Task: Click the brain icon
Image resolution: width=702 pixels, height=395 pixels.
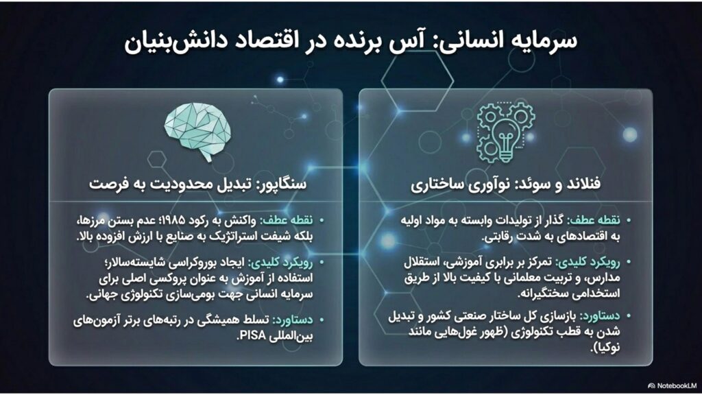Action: pos(197,130)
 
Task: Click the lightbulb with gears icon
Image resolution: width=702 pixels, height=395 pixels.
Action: pos(505,132)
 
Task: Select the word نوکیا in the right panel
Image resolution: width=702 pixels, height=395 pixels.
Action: pos(608,347)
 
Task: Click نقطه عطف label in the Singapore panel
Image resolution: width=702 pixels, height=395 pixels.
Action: pos(287,221)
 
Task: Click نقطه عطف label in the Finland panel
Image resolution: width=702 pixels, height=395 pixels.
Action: pos(594,220)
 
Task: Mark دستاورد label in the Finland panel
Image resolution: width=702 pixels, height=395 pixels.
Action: pos(600,316)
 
